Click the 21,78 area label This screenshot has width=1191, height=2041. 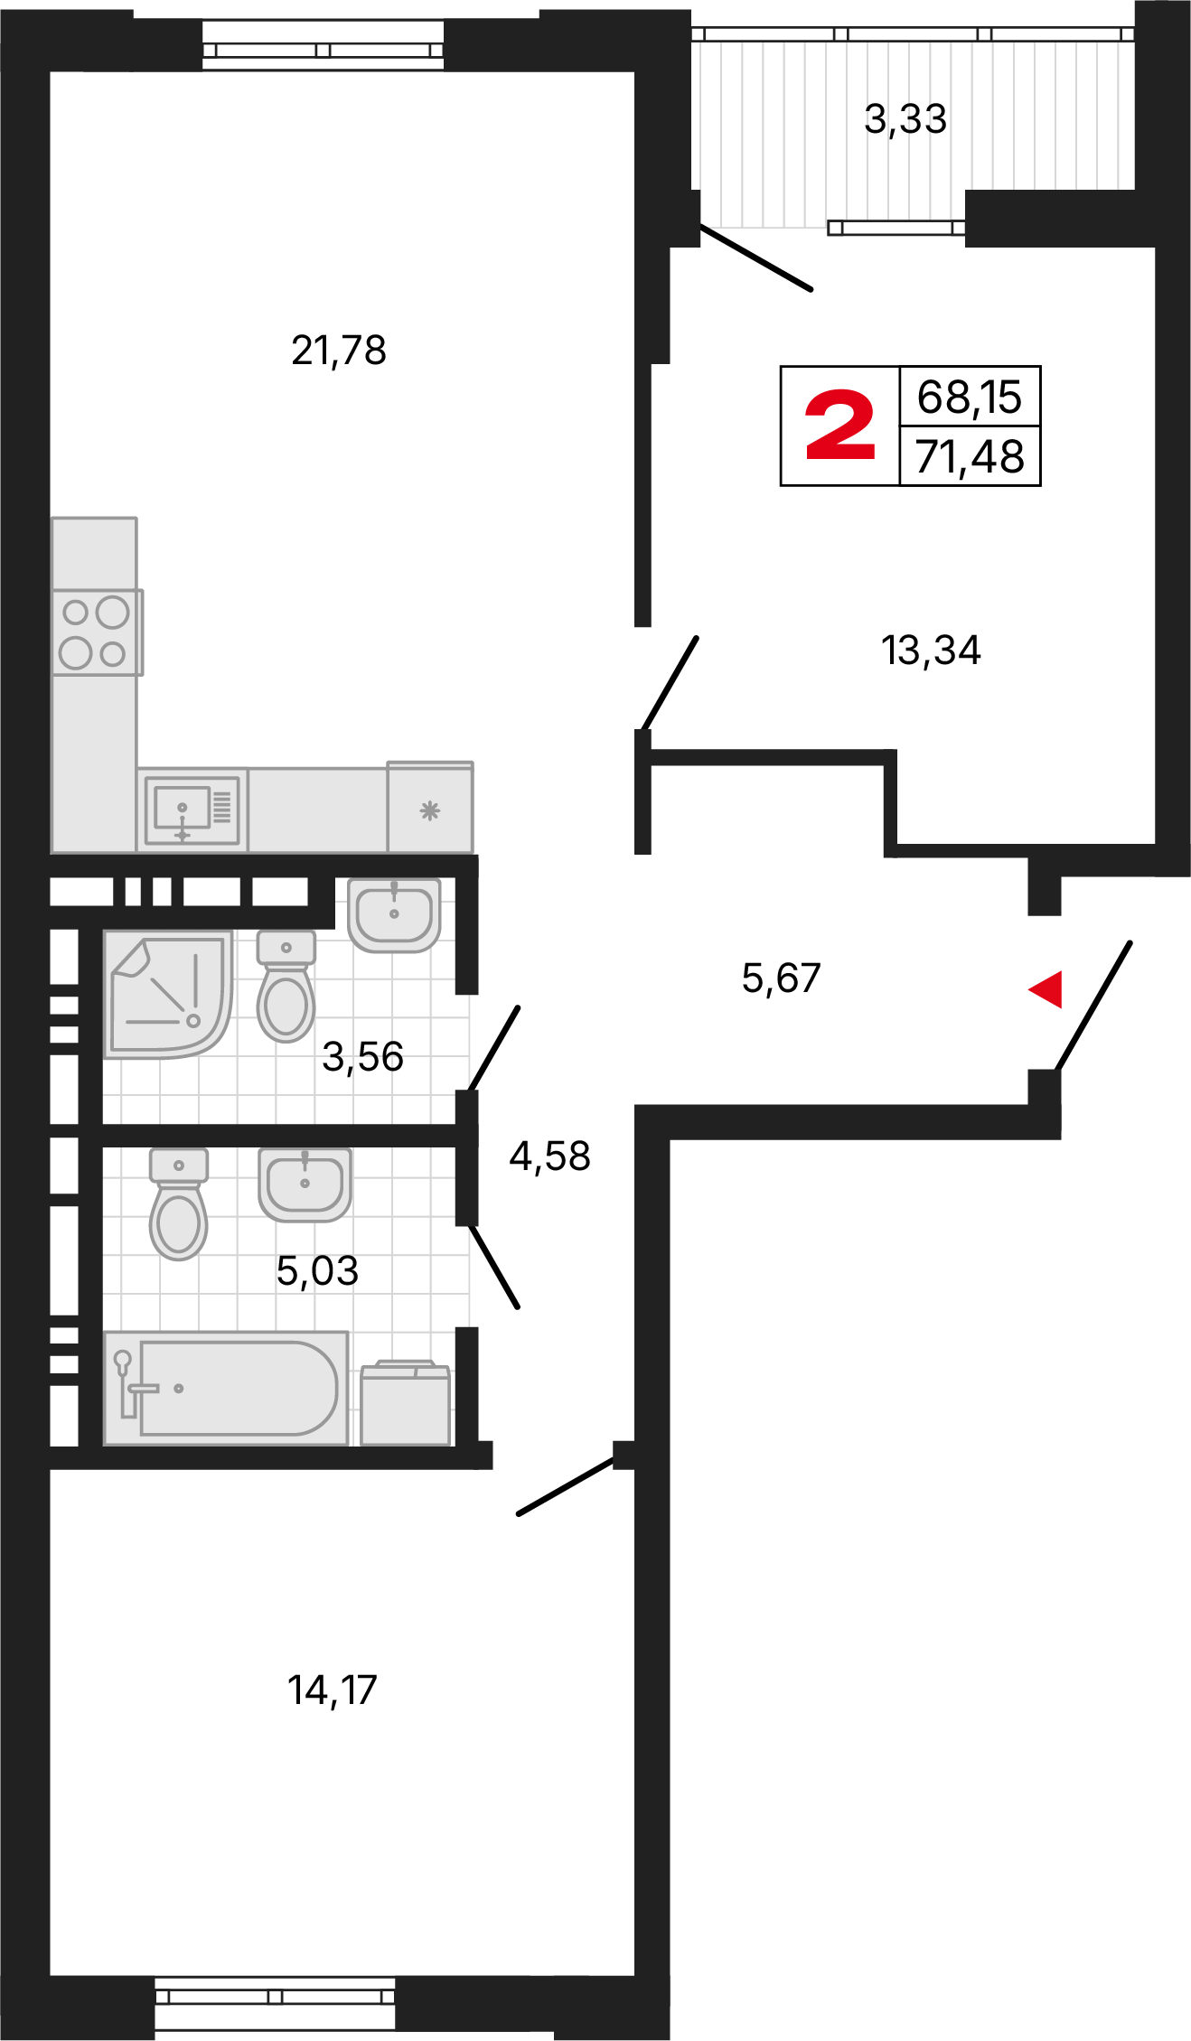(339, 351)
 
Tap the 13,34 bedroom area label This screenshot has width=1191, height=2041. (931, 651)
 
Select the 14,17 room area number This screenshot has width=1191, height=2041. (332, 1690)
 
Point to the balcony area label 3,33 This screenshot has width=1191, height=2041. (905, 119)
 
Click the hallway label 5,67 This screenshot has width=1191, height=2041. (781, 978)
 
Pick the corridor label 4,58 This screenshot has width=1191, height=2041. (549, 1156)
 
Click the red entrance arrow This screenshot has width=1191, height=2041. (1046, 989)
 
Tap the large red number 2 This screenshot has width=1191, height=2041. (839, 426)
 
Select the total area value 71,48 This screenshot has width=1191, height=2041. (970, 456)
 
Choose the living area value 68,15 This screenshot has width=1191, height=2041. (970, 398)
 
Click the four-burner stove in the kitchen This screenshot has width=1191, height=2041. (95, 632)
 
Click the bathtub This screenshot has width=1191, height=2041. (226, 1388)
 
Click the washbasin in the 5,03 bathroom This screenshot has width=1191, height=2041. (305, 1184)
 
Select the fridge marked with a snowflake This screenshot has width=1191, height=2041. (430, 808)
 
